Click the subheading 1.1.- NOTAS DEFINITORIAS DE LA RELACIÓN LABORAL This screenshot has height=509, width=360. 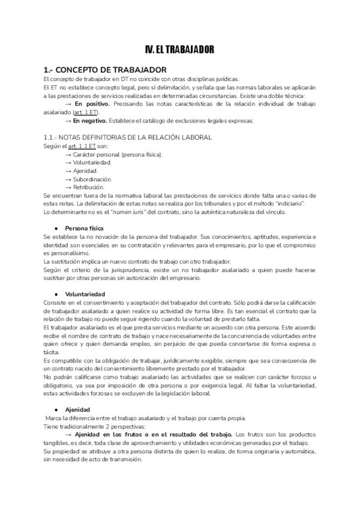point(128,137)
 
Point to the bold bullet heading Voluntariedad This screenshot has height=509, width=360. point(86,294)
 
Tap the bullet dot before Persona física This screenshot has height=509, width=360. point(56,229)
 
